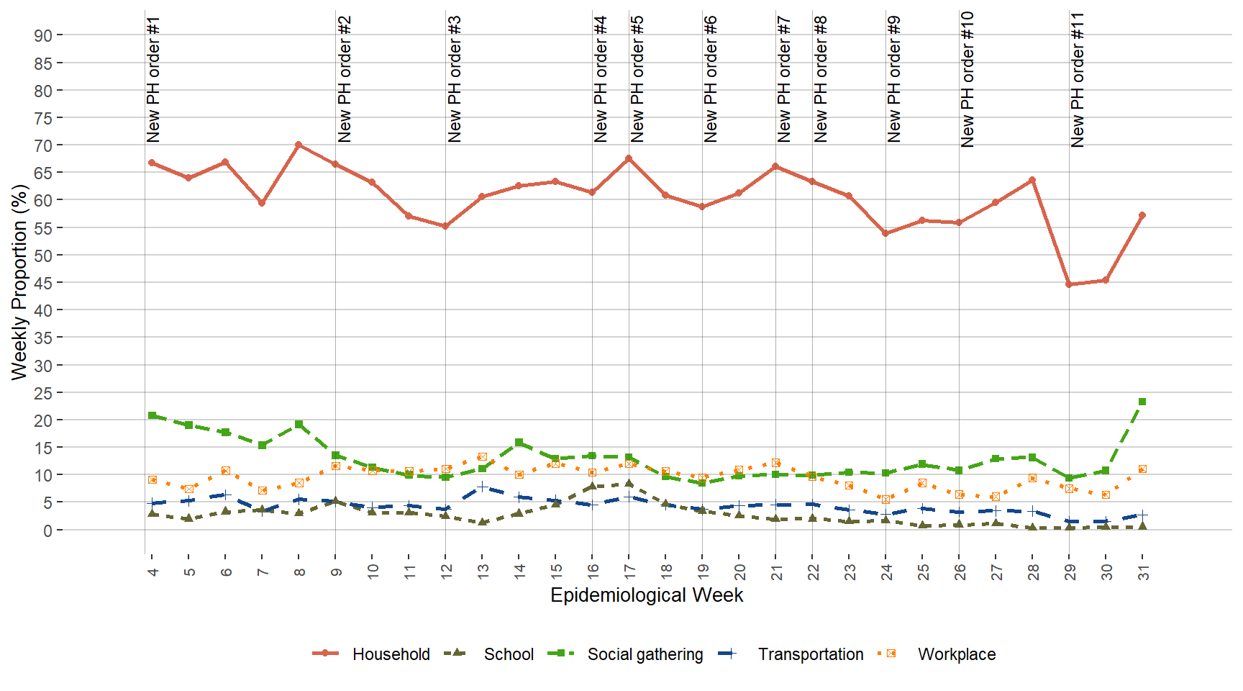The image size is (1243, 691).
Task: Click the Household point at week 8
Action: click(299, 145)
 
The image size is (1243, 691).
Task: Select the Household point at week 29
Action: click(1069, 284)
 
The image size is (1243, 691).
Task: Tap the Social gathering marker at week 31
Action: click(1142, 402)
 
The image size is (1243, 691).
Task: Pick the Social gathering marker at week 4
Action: click(152, 415)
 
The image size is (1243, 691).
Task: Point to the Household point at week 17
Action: click(629, 158)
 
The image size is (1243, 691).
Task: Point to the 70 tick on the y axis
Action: click(43, 145)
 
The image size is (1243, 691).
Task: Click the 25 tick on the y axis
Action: click(43, 393)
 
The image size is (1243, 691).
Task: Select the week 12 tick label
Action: click(447, 572)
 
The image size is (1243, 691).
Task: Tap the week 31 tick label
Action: click(1143, 572)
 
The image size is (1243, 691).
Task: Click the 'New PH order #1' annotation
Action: click(153, 80)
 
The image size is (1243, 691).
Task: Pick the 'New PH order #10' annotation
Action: click(967, 80)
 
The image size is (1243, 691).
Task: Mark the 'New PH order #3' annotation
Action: click(454, 80)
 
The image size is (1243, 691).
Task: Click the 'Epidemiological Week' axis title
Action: click(647, 595)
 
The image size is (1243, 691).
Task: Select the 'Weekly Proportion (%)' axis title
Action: click(19, 282)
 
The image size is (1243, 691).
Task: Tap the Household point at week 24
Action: click(885, 233)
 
